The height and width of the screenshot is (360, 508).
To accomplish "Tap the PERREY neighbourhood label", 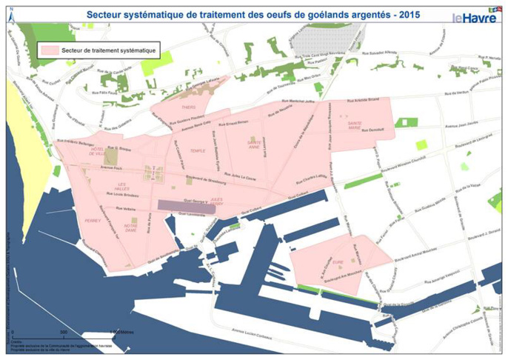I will (x=93, y=220).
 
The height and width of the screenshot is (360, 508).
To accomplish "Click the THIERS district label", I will (x=188, y=107).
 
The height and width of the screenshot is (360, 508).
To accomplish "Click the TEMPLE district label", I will (x=197, y=151).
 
